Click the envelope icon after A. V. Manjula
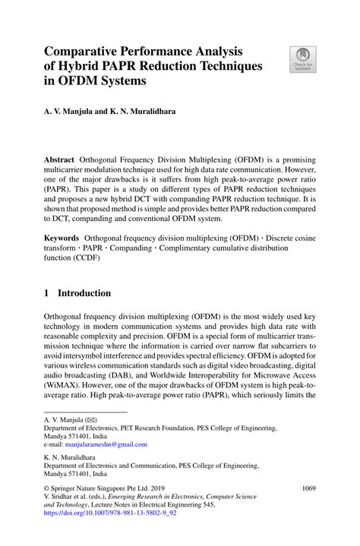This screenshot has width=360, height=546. [90, 419]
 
